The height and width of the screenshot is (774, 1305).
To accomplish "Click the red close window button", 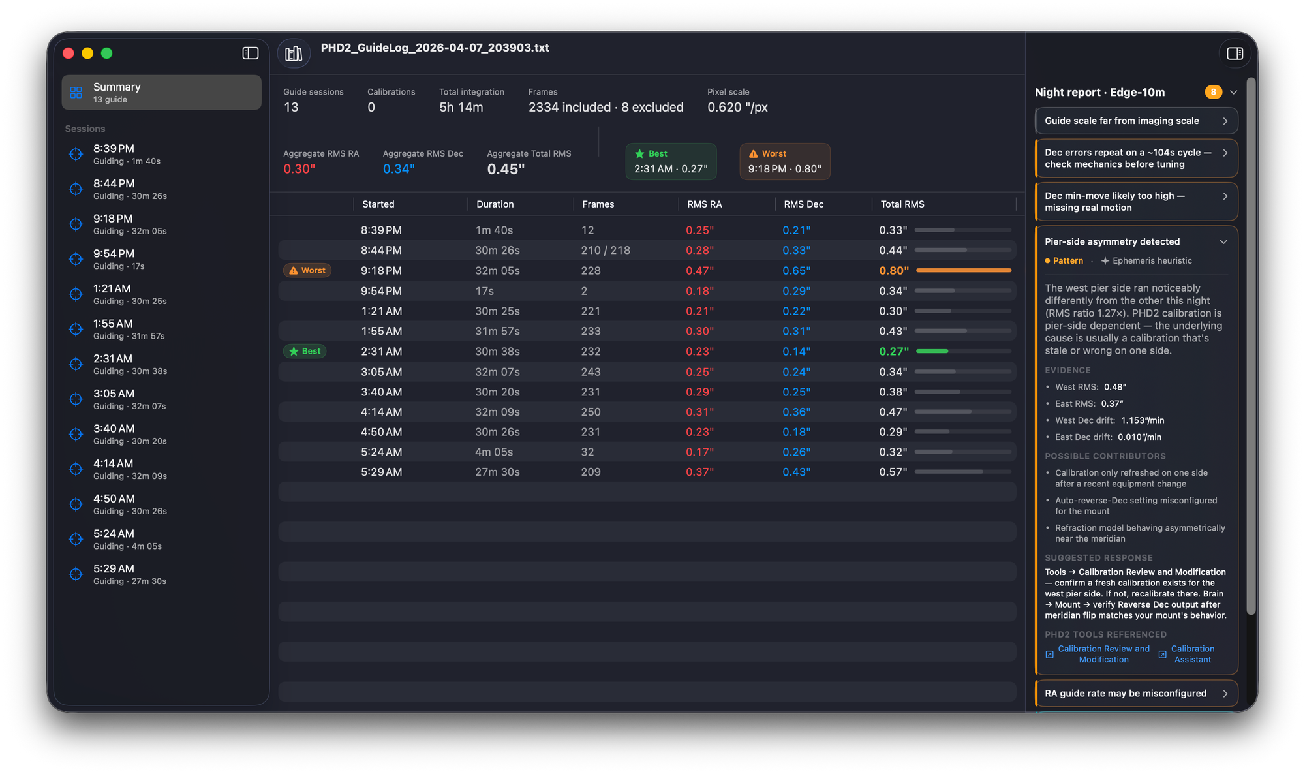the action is pyautogui.click(x=69, y=54).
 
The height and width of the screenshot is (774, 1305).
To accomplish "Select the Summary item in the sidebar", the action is pyautogui.click(x=161, y=92).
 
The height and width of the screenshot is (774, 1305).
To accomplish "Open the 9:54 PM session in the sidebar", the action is pyautogui.click(x=161, y=259).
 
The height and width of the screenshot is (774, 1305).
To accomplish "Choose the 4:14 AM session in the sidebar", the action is pyautogui.click(x=161, y=469).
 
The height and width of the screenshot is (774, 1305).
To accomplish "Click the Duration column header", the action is pyautogui.click(x=495, y=204).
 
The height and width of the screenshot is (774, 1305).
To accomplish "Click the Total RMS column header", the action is pyautogui.click(x=902, y=204).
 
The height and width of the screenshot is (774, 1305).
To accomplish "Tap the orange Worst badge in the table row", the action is pyautogui.click(x=307, y=270).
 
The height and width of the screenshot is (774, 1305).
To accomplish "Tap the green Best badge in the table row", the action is pyautogui.click(x=305, y=351).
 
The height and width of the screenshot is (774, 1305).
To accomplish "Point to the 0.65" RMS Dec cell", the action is pyautogui.click(x=797, y=271).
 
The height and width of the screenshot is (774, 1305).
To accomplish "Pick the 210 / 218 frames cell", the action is pyautogui.click(x=606, y=251).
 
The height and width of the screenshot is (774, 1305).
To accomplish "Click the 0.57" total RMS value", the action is pyautogui.click(x=893, y=472).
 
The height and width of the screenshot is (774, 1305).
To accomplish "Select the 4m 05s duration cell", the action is pyautogui.click(x=494, y=452).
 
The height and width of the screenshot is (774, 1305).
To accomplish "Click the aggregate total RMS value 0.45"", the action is pyautogui.click(x=506, y=170).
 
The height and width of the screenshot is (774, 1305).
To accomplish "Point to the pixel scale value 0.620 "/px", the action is pyautogui.click(x=737, y=108).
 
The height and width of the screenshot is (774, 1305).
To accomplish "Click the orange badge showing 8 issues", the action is pyautogui.click(x=1213, y=92).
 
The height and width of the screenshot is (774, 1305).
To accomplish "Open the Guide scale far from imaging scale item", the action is pyautogui.click(x=1136, y=121).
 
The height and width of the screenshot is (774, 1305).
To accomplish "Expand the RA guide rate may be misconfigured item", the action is pyautogui.click(x=1136, y=693).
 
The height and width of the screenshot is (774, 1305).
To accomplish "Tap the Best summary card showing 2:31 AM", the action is pyautogui.click(x=671, y=161).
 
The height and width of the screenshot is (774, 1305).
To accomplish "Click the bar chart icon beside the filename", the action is pyautogui.click(x=294, y=54).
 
